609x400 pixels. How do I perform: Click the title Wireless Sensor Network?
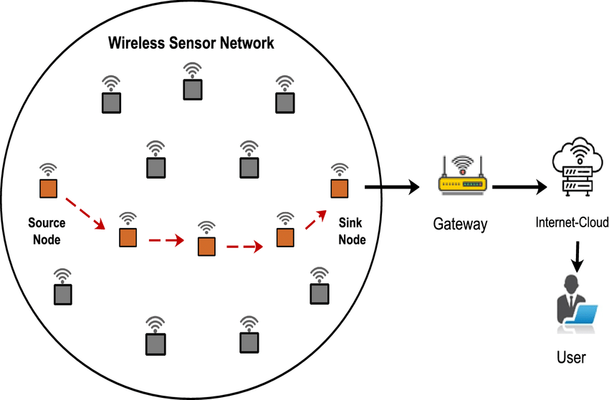(x=191, y=43)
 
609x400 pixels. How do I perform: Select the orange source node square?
(x=48, y=189)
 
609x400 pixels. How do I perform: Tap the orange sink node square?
(x=338, y=189)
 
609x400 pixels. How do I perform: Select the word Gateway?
(x=460, y=224)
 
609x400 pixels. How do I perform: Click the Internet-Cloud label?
(x=572, y=223)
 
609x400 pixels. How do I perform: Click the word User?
(x=571, y=356)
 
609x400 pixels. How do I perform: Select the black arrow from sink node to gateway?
(x=391, y=189)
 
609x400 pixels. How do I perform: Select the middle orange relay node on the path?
(x=206, y=246)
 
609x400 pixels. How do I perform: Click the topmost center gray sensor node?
(x=192, y=89)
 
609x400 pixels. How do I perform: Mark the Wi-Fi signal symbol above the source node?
(x=48, y=169)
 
